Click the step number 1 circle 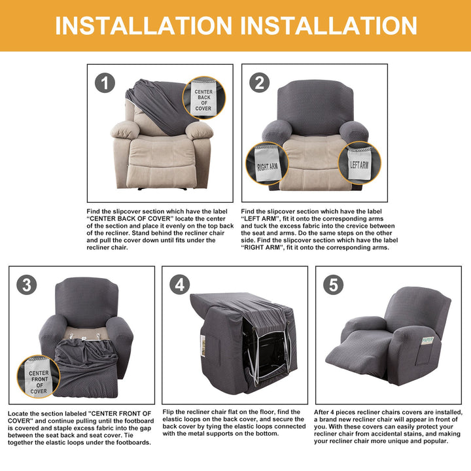click(x=105, y=83)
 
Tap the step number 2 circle click(x=260, y=82)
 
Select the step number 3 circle click(x=27, y=285)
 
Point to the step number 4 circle click(x=180, y=285)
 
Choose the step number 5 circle click(x=334, y=285)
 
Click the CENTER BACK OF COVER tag click(x=204, y=98)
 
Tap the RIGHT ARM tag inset click(x=267, y=164)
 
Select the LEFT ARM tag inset click(x=360, y=163)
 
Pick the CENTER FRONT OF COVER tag click(x=39, y=377)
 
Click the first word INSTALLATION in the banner click(x=143, y=26)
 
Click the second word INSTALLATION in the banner click(x=329, y=26)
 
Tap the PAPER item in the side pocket click(x=427, y=340)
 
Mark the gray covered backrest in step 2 click(x=315, y=107)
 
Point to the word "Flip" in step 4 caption click(x=167, y=412)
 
